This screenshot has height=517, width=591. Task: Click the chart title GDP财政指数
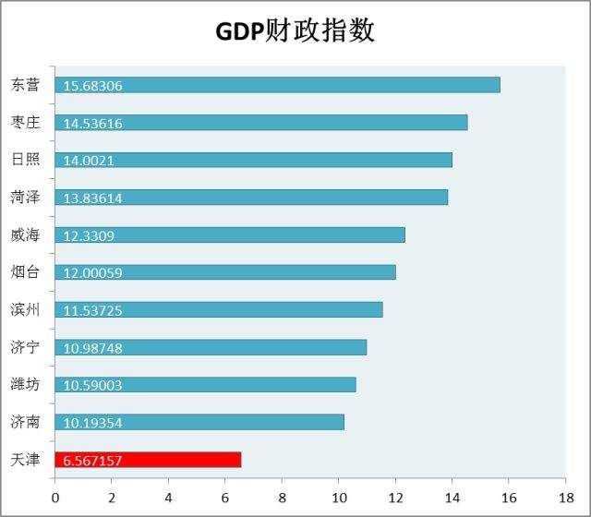(295, 30)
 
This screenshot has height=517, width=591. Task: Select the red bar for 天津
(148, 460)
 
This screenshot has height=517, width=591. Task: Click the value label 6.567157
(93, 461)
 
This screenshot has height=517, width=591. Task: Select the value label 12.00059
(93, 272)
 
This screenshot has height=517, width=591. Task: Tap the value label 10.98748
(93, 348)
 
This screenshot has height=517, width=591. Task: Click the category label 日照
(26, 159)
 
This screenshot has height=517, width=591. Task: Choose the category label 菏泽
(26, 197)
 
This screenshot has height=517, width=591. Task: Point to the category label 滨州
(26, 309)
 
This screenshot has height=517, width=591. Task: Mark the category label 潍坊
(26, 384)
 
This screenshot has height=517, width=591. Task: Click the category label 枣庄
(26, 122)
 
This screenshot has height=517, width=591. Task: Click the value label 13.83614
(93, 198)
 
